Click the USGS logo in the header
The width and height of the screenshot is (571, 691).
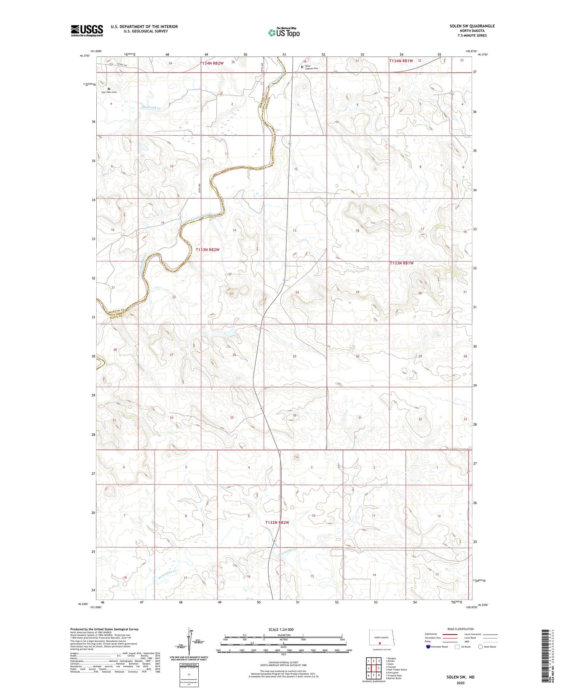[x=87, y=30]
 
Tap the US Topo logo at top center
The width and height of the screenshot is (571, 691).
[x=284, y=33]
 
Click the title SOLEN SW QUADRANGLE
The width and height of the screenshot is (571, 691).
[x=472, y=26]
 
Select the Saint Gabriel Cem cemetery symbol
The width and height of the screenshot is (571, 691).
[x=302, y=67]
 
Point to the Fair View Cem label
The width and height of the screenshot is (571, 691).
[x=109, y=92]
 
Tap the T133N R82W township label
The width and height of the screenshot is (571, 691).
[x=207, y=250]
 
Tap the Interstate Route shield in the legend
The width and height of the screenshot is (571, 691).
[x=428, y=647]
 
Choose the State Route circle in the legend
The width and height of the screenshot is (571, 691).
[x=480, y=646]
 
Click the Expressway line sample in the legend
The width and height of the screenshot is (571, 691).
[x=450, y=634]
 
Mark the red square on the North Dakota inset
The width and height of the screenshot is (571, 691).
[x=380, y=641]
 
